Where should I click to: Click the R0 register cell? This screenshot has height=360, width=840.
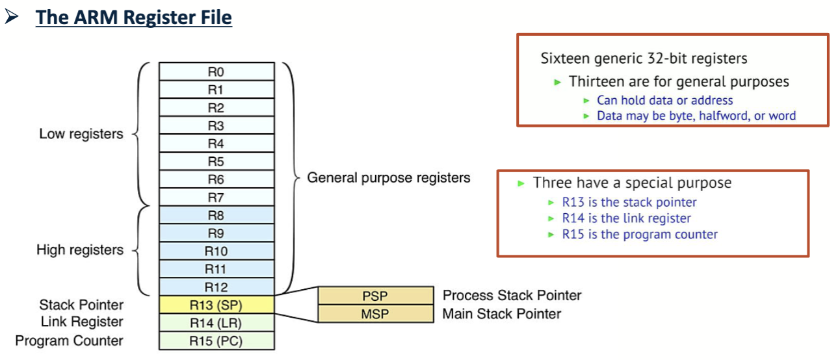click(216, 71)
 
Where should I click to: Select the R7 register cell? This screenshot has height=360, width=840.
click(216, 197)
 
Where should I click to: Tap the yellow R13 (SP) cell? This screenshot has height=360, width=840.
click(216, 304)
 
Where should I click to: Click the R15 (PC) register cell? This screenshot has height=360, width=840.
click(216, 341)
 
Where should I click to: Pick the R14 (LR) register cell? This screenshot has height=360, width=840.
click(216, 322)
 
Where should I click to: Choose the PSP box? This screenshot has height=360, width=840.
click(374, 296)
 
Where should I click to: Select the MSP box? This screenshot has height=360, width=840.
click(374, 314)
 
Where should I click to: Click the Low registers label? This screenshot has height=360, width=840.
click(81, 135)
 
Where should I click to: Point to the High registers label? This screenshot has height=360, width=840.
click(79, 250)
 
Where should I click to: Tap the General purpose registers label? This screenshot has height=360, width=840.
click(388, 177)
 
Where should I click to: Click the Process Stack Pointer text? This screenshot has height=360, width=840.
click(512, 296)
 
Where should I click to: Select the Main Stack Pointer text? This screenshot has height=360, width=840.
click(501, 314)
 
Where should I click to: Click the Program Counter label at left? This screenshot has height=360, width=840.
click(69, 341)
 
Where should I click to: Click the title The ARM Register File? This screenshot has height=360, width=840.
click(133, 17)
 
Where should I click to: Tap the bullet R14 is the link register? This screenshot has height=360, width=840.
click(626, 218)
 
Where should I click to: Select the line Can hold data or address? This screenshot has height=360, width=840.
click(664, 100)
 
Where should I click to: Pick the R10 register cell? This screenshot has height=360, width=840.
click(216, 251)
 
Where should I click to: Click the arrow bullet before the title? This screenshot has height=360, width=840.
click(11, 17)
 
